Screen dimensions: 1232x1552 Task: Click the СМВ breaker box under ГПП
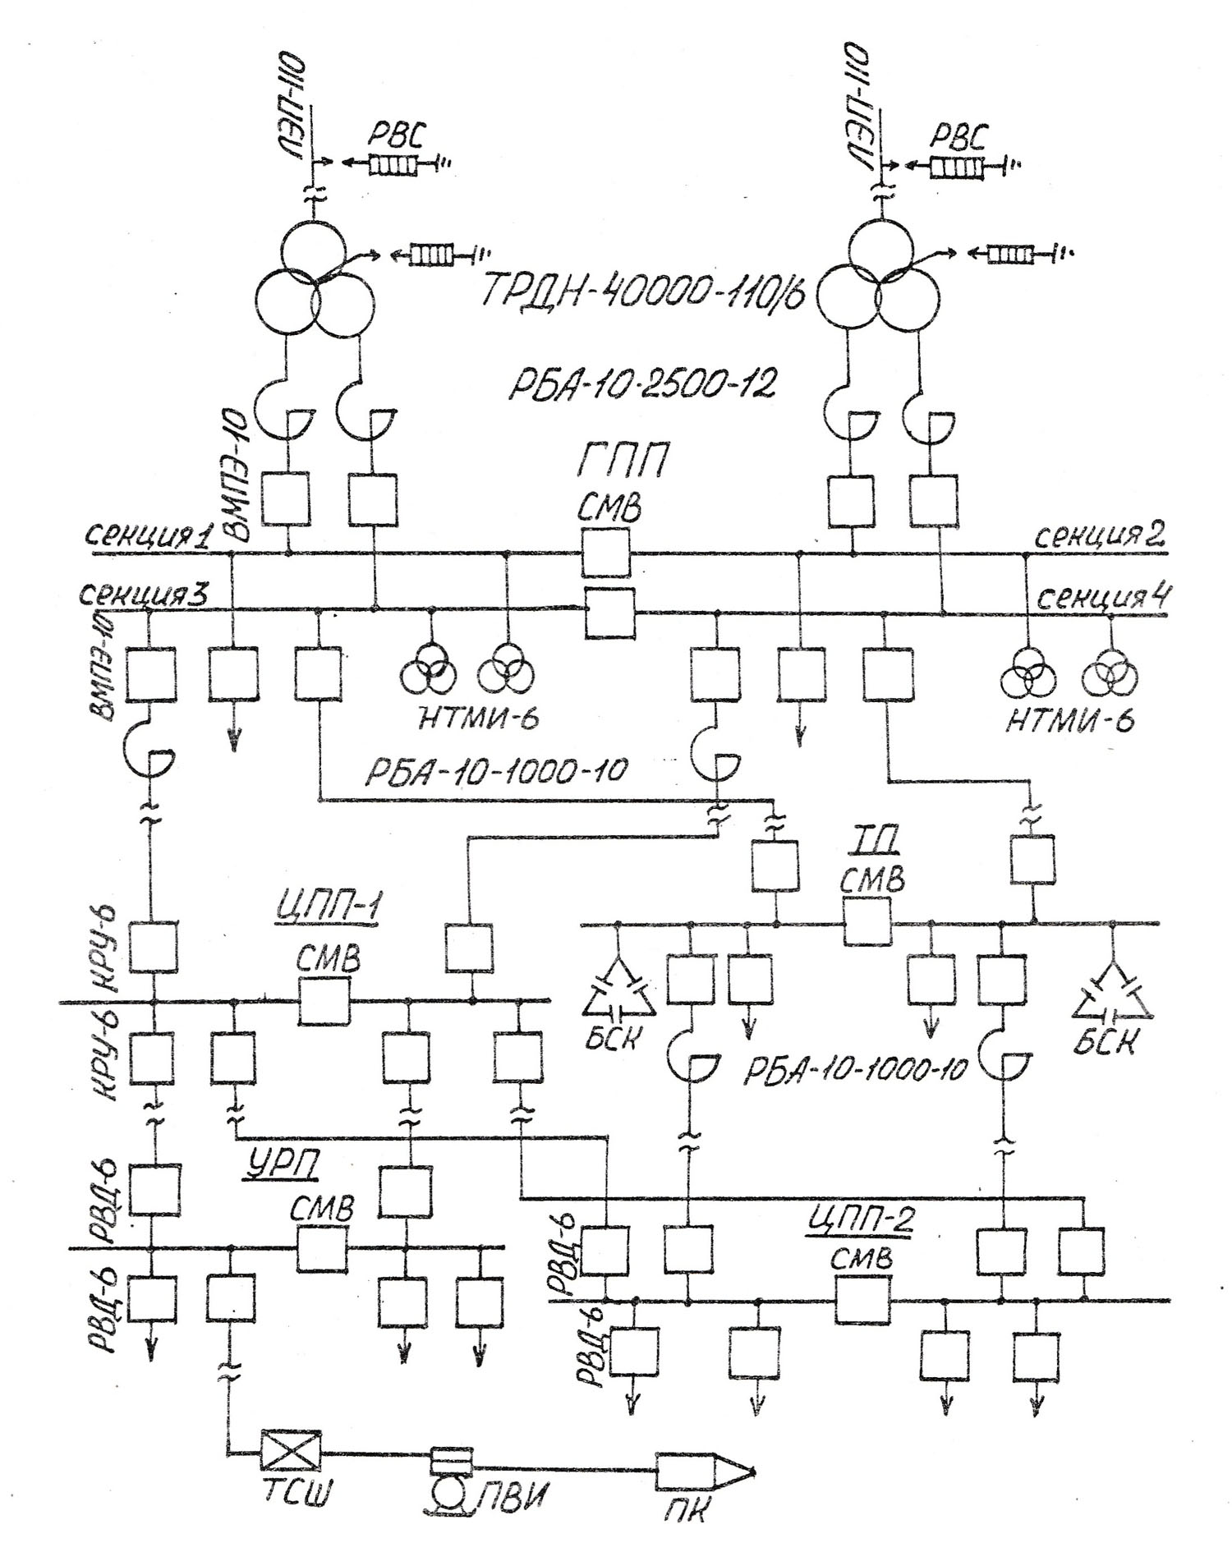606,553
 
